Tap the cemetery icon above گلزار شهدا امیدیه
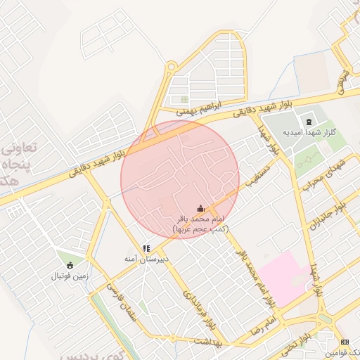[x=309, y=122]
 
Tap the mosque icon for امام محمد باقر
[x=200, y=208]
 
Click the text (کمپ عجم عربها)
[x=201, y=229]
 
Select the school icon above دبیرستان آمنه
[x=146, y=248]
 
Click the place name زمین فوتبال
[x=70, y=276]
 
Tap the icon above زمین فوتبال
[x=70, y=265]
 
